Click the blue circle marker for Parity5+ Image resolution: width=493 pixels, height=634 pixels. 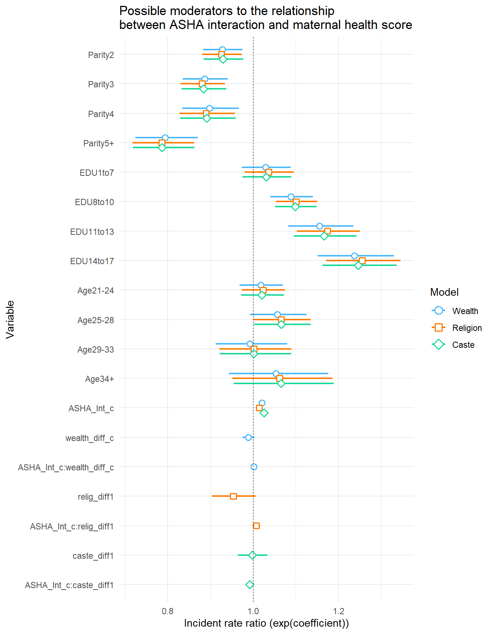point(165,138)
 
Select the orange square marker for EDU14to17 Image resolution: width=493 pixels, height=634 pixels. point(362,260)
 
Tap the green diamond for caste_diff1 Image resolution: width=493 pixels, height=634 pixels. point(252,555)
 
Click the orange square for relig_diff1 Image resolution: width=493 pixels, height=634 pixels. point(233,496)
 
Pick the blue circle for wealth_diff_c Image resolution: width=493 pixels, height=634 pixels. point(248,437)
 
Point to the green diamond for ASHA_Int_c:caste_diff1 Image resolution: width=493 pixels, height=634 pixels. point(250,584)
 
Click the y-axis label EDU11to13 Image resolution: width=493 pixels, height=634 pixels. point(92,232)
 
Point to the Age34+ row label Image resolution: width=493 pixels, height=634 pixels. point(99,379)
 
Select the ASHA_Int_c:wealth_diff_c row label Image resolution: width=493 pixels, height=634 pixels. point(66,467)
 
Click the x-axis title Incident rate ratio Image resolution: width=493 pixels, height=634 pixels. point(266,623)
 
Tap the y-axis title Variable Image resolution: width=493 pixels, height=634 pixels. point(10,319)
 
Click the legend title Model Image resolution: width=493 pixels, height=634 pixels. point(444,292)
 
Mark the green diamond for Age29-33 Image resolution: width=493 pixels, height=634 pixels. point(254,354)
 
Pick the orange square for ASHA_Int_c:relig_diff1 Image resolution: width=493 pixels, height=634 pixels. point(256,526)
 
